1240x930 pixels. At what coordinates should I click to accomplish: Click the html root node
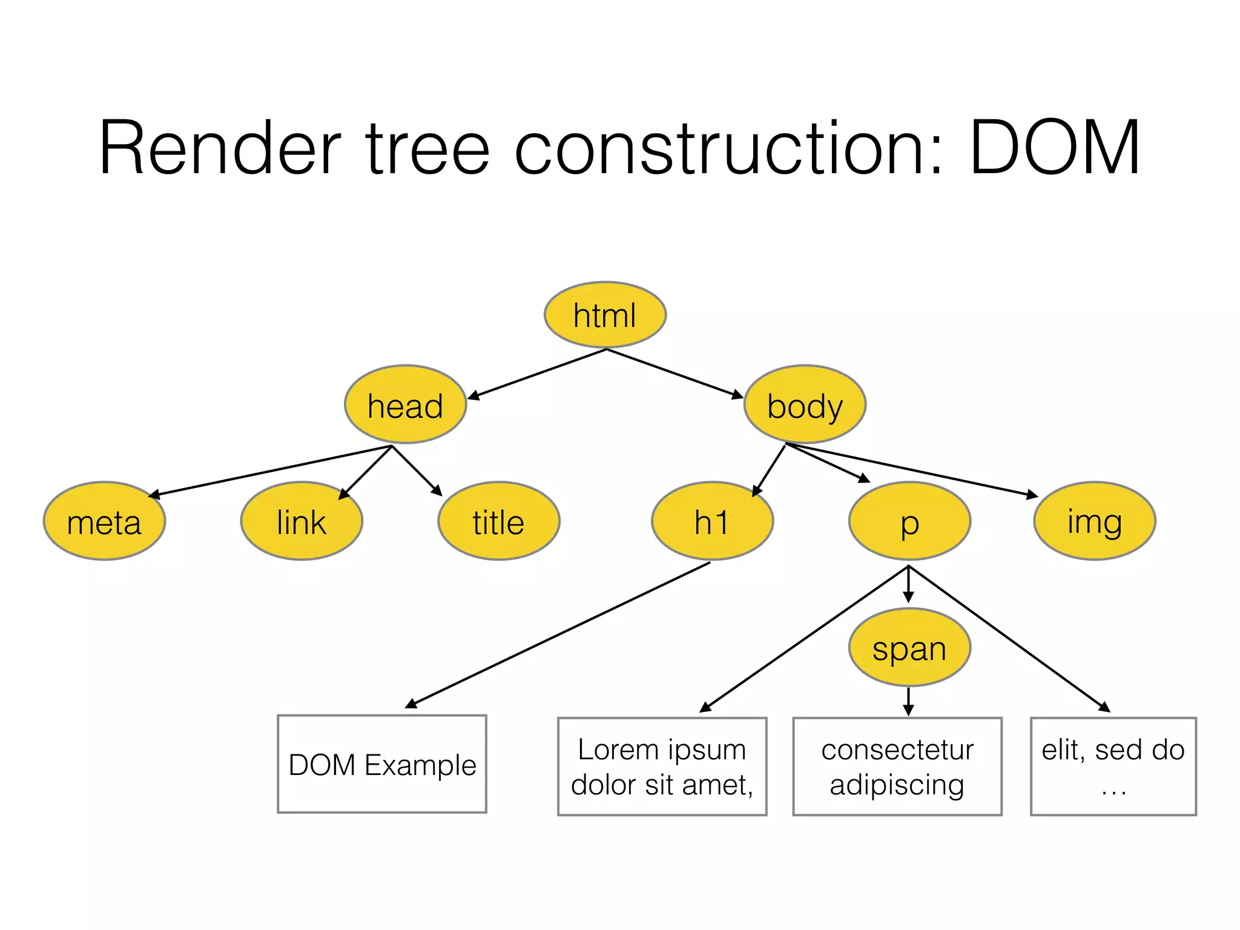coord(605,315)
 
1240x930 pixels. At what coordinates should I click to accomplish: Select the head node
coord(405,404)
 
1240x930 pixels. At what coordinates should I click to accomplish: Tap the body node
coord(805,404)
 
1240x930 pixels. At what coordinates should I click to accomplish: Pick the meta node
coord(104,521)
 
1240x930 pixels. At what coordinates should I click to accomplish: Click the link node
coord(302,521)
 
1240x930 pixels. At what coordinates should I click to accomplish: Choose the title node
coord(498,521)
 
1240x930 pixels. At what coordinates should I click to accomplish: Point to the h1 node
coord(712,521)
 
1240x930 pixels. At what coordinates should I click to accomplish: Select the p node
coord(909,521)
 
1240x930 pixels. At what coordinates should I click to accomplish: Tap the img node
coord(1095,521)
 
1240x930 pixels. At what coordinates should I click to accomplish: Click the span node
coord(909,647)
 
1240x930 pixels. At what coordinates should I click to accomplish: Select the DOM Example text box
coord(382,764)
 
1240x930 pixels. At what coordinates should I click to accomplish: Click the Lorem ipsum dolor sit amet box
coord(662,767)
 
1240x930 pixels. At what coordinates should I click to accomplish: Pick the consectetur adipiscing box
coord(897,767)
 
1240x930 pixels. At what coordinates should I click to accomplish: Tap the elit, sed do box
coord(1113,767)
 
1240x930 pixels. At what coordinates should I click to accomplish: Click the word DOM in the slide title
coord(1055,148)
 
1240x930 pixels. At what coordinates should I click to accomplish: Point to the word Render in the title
coord(220,148)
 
